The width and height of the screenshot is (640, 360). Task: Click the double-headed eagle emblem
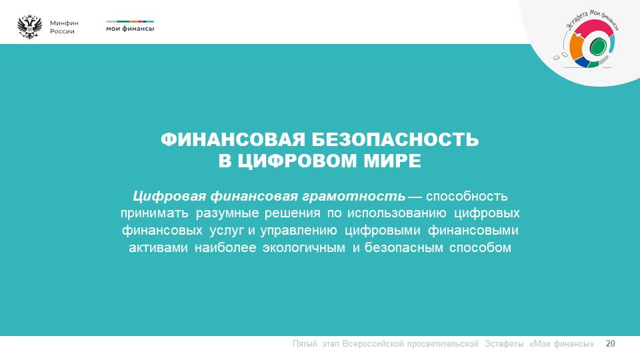click(x=29, y=27)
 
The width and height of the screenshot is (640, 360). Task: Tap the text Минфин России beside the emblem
click(x=64, y=27)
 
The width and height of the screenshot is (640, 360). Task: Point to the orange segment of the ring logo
click(x=575, y=48)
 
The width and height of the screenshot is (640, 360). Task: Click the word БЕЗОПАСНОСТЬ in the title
click(x=395, y=139)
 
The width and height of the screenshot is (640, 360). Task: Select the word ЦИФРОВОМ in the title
click(x=297, y=161)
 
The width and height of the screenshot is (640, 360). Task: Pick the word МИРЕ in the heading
click(x=392, y=161)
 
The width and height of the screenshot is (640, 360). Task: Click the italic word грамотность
click(x=354, y=197)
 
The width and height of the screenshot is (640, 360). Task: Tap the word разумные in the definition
click(x=227, y=213)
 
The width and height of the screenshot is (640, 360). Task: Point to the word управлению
click(x=299, y=231)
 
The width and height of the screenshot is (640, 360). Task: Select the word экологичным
click(x=304, y=248)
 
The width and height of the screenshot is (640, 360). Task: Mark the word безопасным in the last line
click(x=404, y=248)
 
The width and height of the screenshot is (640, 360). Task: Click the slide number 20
click(x=610, y=344)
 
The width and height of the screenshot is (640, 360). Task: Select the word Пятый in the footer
click(x=305, y=344)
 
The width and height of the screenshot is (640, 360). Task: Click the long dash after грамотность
click(x=415, y=197)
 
